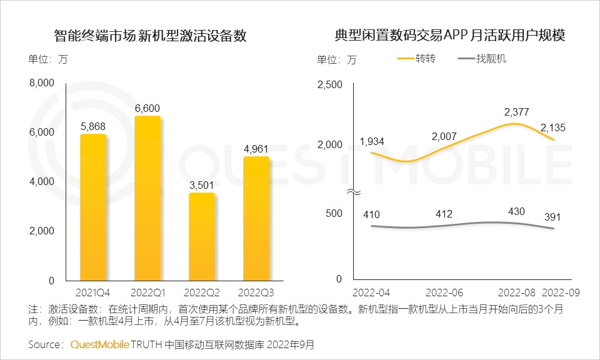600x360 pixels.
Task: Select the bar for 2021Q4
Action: point(93,207)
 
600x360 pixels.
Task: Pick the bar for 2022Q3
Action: point(256,218)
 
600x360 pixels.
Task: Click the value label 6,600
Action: point(147,107)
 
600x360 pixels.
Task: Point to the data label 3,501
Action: point(201,185)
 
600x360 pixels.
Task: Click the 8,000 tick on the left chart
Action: point(43,82)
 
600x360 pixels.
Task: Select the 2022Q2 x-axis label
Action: point(201,292)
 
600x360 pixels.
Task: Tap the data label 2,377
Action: point(516,112)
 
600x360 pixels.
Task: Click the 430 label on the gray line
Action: point(516,211)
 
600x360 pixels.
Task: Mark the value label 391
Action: point(552,217)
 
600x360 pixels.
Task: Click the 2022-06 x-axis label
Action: point(444,292)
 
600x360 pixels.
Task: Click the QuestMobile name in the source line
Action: point(99,344)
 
